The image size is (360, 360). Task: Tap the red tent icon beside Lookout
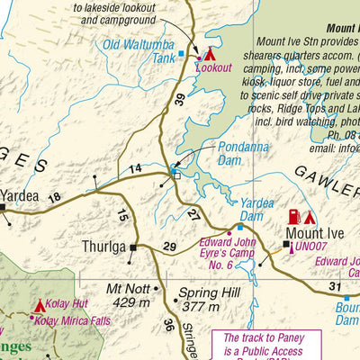coord(210,54)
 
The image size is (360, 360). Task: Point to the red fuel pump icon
coord(293,217)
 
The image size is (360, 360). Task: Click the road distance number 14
coord(135,168)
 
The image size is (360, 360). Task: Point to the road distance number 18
coord(54,197)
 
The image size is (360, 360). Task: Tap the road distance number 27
coord(193,212)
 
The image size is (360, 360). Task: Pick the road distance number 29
coord(169,247)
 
